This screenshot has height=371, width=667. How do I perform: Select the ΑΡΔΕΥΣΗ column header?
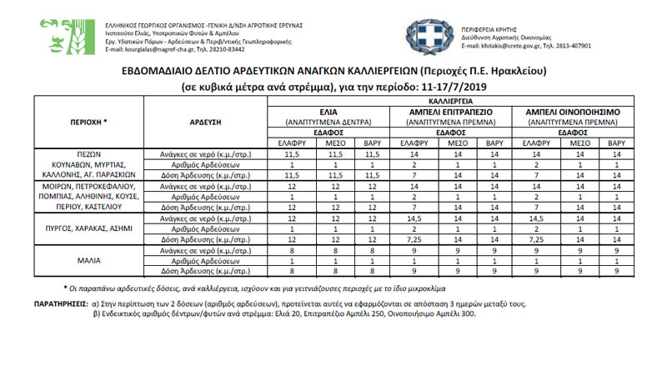203,122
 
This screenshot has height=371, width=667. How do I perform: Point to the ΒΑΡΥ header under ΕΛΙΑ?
372,143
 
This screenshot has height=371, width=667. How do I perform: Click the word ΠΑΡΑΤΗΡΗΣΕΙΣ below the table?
68,305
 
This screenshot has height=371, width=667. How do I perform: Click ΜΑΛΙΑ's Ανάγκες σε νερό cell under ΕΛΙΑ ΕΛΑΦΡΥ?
292,248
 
